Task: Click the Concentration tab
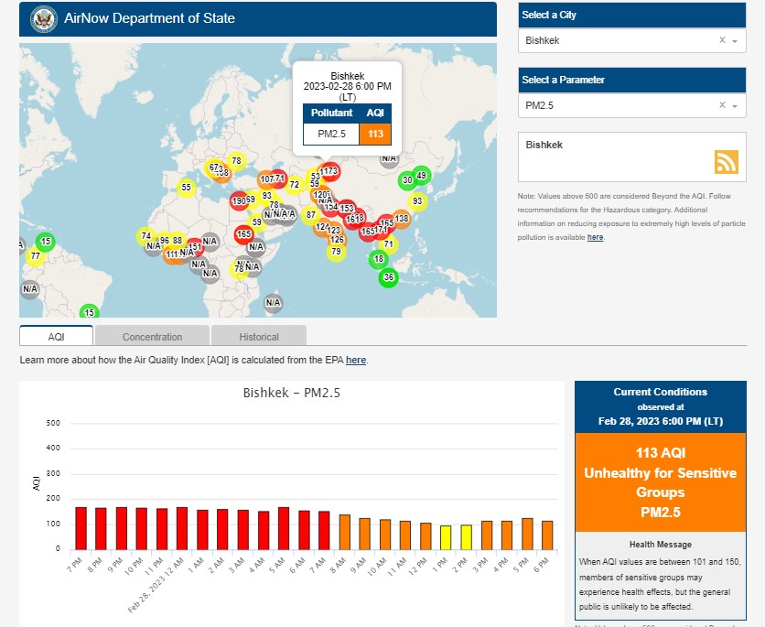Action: tap(152, 337)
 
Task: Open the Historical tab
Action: tap(259, 337)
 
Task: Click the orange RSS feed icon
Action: tap(727, 161)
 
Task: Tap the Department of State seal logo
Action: tap(43, 18)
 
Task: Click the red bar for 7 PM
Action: tap(81, 528)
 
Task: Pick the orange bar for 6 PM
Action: tap(547, 535)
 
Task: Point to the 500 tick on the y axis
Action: tap(52, 424)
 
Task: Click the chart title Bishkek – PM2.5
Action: tap(292, 393)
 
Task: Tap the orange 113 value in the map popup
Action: tap(375, 134)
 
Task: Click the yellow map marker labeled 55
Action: tap(186, 188)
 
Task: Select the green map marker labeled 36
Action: tap(389, 277)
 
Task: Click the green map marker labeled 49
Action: tap(421, 175)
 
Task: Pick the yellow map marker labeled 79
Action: tap(336, 252)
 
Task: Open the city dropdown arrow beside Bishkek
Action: tap(735, 41)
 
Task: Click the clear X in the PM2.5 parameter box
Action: tap(722, 106)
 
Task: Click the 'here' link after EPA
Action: tap(356, 361)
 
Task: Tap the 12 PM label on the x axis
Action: tap(424, 561)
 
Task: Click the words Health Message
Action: tap(661, 545)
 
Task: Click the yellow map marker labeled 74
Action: tap(146, 236)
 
